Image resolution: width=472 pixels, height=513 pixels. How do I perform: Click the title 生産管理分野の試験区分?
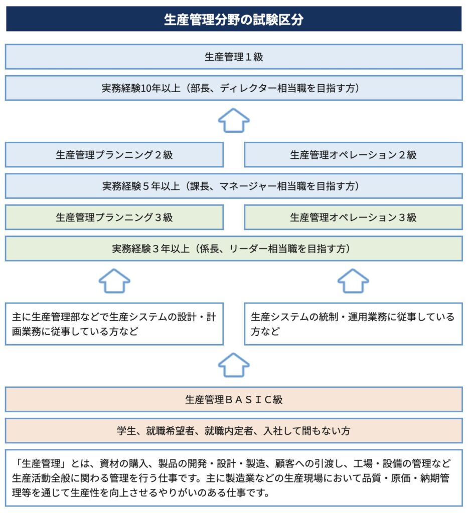[234, 20]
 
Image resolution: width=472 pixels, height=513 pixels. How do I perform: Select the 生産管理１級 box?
[234, 57]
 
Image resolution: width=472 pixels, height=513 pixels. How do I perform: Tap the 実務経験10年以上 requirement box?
[234, 88]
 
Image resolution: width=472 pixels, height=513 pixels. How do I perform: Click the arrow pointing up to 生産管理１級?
[234, 120]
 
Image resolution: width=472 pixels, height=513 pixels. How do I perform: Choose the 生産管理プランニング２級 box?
[114, 154]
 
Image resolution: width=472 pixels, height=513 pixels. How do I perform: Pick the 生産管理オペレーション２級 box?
[354, 154]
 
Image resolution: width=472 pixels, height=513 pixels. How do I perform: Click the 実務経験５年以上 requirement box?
[234, 186]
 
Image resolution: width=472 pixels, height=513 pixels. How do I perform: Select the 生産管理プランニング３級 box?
[114, 217]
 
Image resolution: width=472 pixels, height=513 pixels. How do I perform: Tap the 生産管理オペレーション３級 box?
[354, 217]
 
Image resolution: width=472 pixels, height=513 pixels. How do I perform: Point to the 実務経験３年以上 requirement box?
[234, 248]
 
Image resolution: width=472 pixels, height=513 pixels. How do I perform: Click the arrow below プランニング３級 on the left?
[114, 281]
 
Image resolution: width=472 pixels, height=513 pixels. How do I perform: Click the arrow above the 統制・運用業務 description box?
[353, 281]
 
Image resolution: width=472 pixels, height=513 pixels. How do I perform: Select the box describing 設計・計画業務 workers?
[114, 324]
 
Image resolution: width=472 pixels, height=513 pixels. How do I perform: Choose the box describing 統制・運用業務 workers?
[354, 324]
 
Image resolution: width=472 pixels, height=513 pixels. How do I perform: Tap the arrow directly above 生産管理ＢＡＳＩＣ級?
[234, 365]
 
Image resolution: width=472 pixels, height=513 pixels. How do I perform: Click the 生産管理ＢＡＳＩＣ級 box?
[234, 399]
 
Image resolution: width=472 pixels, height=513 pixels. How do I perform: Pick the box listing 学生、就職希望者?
[234, 430]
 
